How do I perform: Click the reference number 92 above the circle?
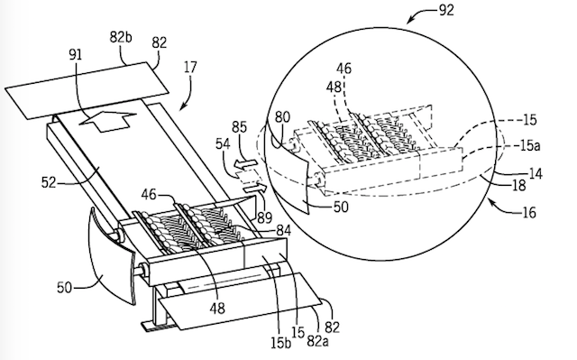coord(446,10)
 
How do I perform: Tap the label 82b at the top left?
coord(121,37)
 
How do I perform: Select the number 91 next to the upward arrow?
coord(76,54)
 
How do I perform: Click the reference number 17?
coord(190,68)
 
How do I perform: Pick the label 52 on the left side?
coord(48,182)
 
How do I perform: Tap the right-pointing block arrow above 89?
coord(254,189)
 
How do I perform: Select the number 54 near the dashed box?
coord(223,143)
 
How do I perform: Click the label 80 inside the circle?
coord(282,117)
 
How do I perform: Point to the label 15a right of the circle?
coord(530,146)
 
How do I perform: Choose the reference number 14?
coord(536,173)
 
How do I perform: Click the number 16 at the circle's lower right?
coord(529,212)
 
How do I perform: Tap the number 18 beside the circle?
coord(518,186)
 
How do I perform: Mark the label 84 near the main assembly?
coord(283,231)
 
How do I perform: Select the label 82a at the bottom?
coord(317,341)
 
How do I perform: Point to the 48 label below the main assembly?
coord(217,308)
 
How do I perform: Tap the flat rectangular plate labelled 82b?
coord(87,90)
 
